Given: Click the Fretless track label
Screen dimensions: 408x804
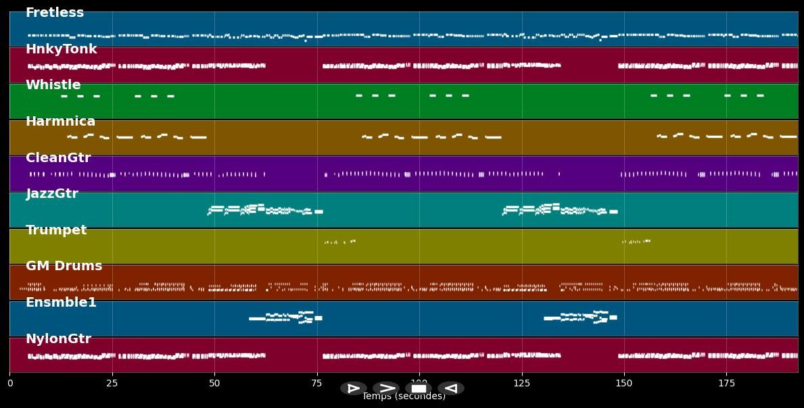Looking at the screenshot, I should [55, 13].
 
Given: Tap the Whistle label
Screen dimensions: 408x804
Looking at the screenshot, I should [53, 85].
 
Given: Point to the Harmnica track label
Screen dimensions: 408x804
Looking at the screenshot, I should [61, 122].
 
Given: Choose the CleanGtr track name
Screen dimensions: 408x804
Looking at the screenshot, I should [58, 158].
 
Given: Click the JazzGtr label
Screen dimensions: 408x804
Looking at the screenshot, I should [52, 194].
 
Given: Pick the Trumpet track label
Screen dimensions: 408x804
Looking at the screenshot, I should [56, 230].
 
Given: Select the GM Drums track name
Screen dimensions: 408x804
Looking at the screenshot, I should [64, 266].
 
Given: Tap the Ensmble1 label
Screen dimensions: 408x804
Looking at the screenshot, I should [62, 303].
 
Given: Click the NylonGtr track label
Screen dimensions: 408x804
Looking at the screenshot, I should [59, 339].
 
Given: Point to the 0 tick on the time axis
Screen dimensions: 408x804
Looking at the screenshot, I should [9, 384].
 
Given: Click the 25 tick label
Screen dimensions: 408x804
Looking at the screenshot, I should [112, 384].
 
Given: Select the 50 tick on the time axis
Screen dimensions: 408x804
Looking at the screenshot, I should [214, 384].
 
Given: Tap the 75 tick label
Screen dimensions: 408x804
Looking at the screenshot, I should [316, 384].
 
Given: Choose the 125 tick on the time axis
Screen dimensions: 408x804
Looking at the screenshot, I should [521, 384].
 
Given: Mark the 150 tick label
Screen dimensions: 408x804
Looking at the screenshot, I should [624, 384].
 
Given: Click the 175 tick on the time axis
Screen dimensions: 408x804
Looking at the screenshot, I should [726, 384].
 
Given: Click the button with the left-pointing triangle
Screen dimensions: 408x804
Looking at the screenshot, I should [450, 388].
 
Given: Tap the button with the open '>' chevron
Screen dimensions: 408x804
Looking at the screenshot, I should [386, 388].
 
